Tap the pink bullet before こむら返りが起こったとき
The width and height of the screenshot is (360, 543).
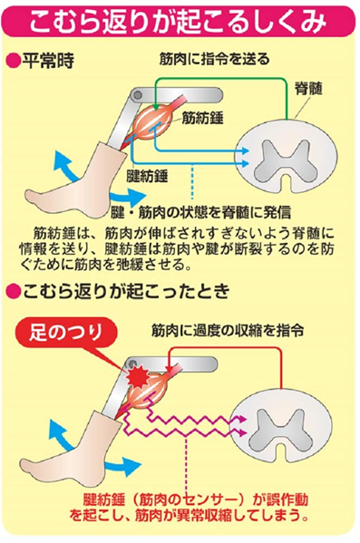[x=12, y=292]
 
